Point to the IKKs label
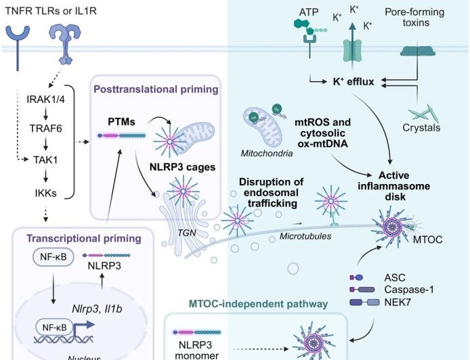tap(46, 194)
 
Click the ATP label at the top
tap(308, 13)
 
